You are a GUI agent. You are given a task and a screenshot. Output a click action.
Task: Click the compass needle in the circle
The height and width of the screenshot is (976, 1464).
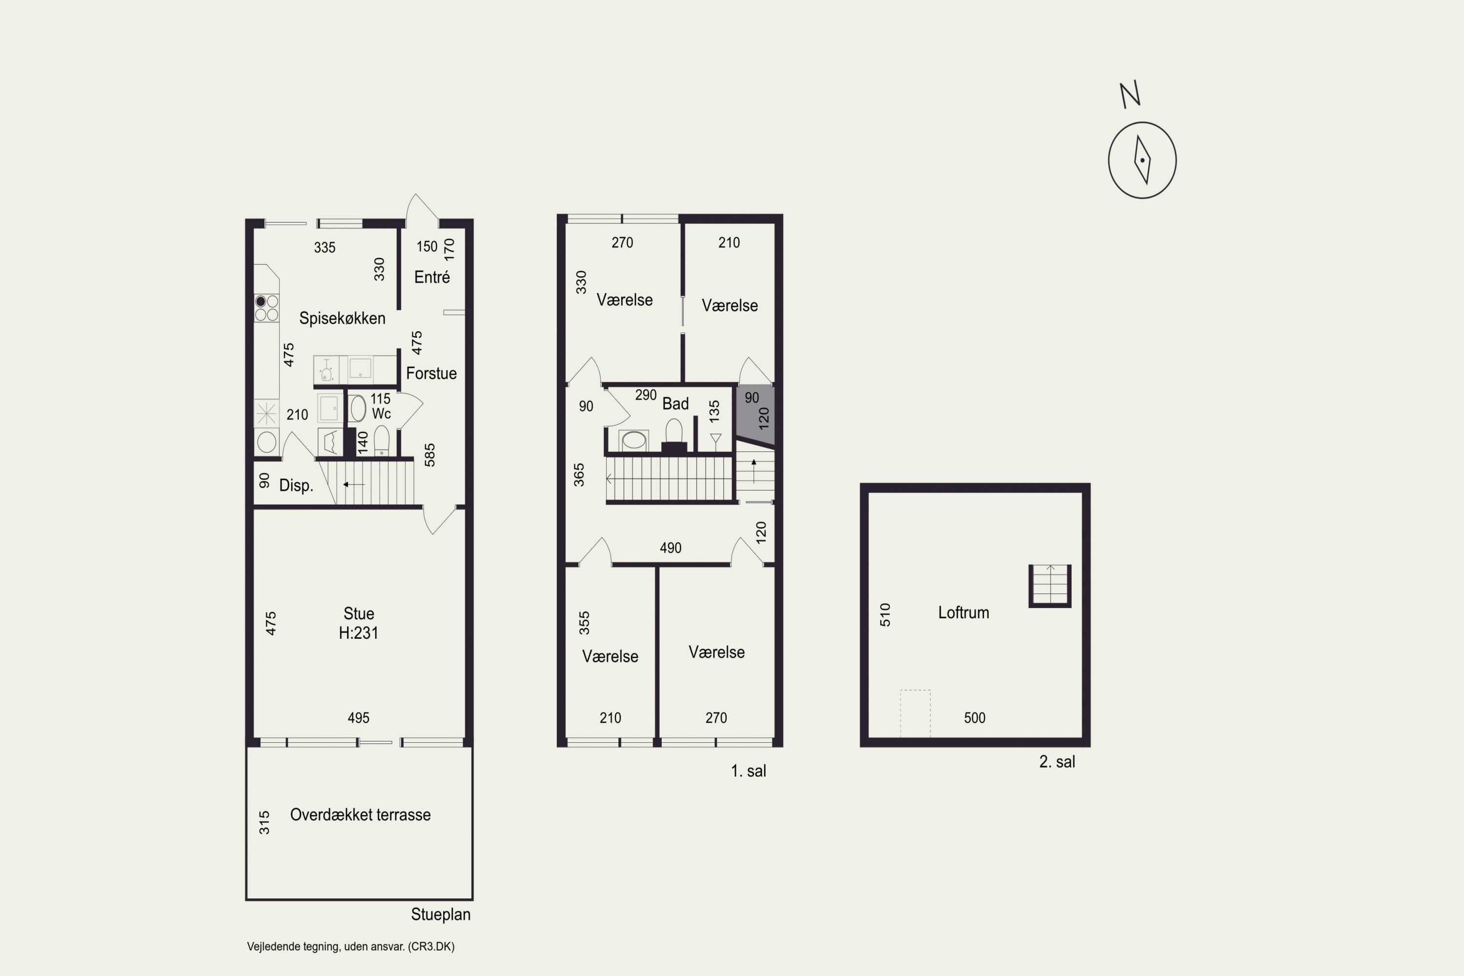(1142, 160)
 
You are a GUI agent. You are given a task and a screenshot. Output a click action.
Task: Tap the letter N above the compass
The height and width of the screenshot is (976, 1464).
(1130, 95)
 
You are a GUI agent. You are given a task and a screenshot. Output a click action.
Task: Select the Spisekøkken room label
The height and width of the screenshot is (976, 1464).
(343, 318)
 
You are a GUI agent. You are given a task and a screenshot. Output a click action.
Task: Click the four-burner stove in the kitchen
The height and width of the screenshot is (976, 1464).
(266, 307)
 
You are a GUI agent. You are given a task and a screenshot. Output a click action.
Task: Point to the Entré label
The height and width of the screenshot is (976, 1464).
(432, 277)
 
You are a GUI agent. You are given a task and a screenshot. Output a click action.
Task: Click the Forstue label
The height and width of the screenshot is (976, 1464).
(431, 373)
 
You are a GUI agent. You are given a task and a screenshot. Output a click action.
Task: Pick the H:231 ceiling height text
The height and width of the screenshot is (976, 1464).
(359, 633)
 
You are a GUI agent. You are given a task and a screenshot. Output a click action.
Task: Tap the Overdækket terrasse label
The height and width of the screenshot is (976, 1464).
(361, 815)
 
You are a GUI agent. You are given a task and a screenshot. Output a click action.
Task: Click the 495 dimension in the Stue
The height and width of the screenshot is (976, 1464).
(359, 718)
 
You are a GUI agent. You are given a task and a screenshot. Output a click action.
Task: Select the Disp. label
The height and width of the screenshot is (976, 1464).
(296, 486)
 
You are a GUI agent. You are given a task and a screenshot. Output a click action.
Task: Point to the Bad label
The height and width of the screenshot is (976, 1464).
(675, 404)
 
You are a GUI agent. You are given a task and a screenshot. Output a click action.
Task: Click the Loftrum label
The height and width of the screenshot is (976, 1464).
(963, 612)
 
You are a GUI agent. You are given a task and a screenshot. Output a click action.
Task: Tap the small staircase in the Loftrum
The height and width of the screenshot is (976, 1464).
(1050, 586)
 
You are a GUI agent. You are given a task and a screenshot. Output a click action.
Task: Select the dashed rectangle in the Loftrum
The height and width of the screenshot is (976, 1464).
(915, 713)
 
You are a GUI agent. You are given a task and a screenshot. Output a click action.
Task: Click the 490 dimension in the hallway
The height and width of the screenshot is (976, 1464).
(671, 548)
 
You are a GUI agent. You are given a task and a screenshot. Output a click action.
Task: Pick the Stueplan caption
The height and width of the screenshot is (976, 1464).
(441, 915)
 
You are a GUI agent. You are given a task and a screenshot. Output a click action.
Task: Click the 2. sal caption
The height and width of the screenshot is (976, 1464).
(1057, 762)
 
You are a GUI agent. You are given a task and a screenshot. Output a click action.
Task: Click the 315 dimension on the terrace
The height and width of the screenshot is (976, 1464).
(264, 822)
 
